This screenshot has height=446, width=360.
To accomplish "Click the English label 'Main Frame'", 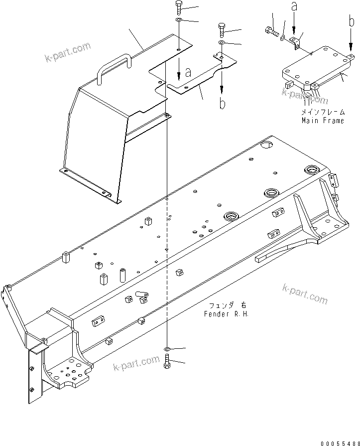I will [323, 121].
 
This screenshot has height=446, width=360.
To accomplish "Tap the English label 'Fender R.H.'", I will [226, 314].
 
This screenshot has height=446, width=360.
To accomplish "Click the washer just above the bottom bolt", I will [167, 349].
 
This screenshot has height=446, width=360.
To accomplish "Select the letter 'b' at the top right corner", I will [351, 22].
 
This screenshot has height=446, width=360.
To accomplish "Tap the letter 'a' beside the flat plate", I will [188, 73].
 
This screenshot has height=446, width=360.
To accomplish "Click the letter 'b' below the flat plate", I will [223, 104].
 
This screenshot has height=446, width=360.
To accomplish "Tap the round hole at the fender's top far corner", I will [266, 145].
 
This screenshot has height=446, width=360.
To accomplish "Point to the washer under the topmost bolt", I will [179, 20].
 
